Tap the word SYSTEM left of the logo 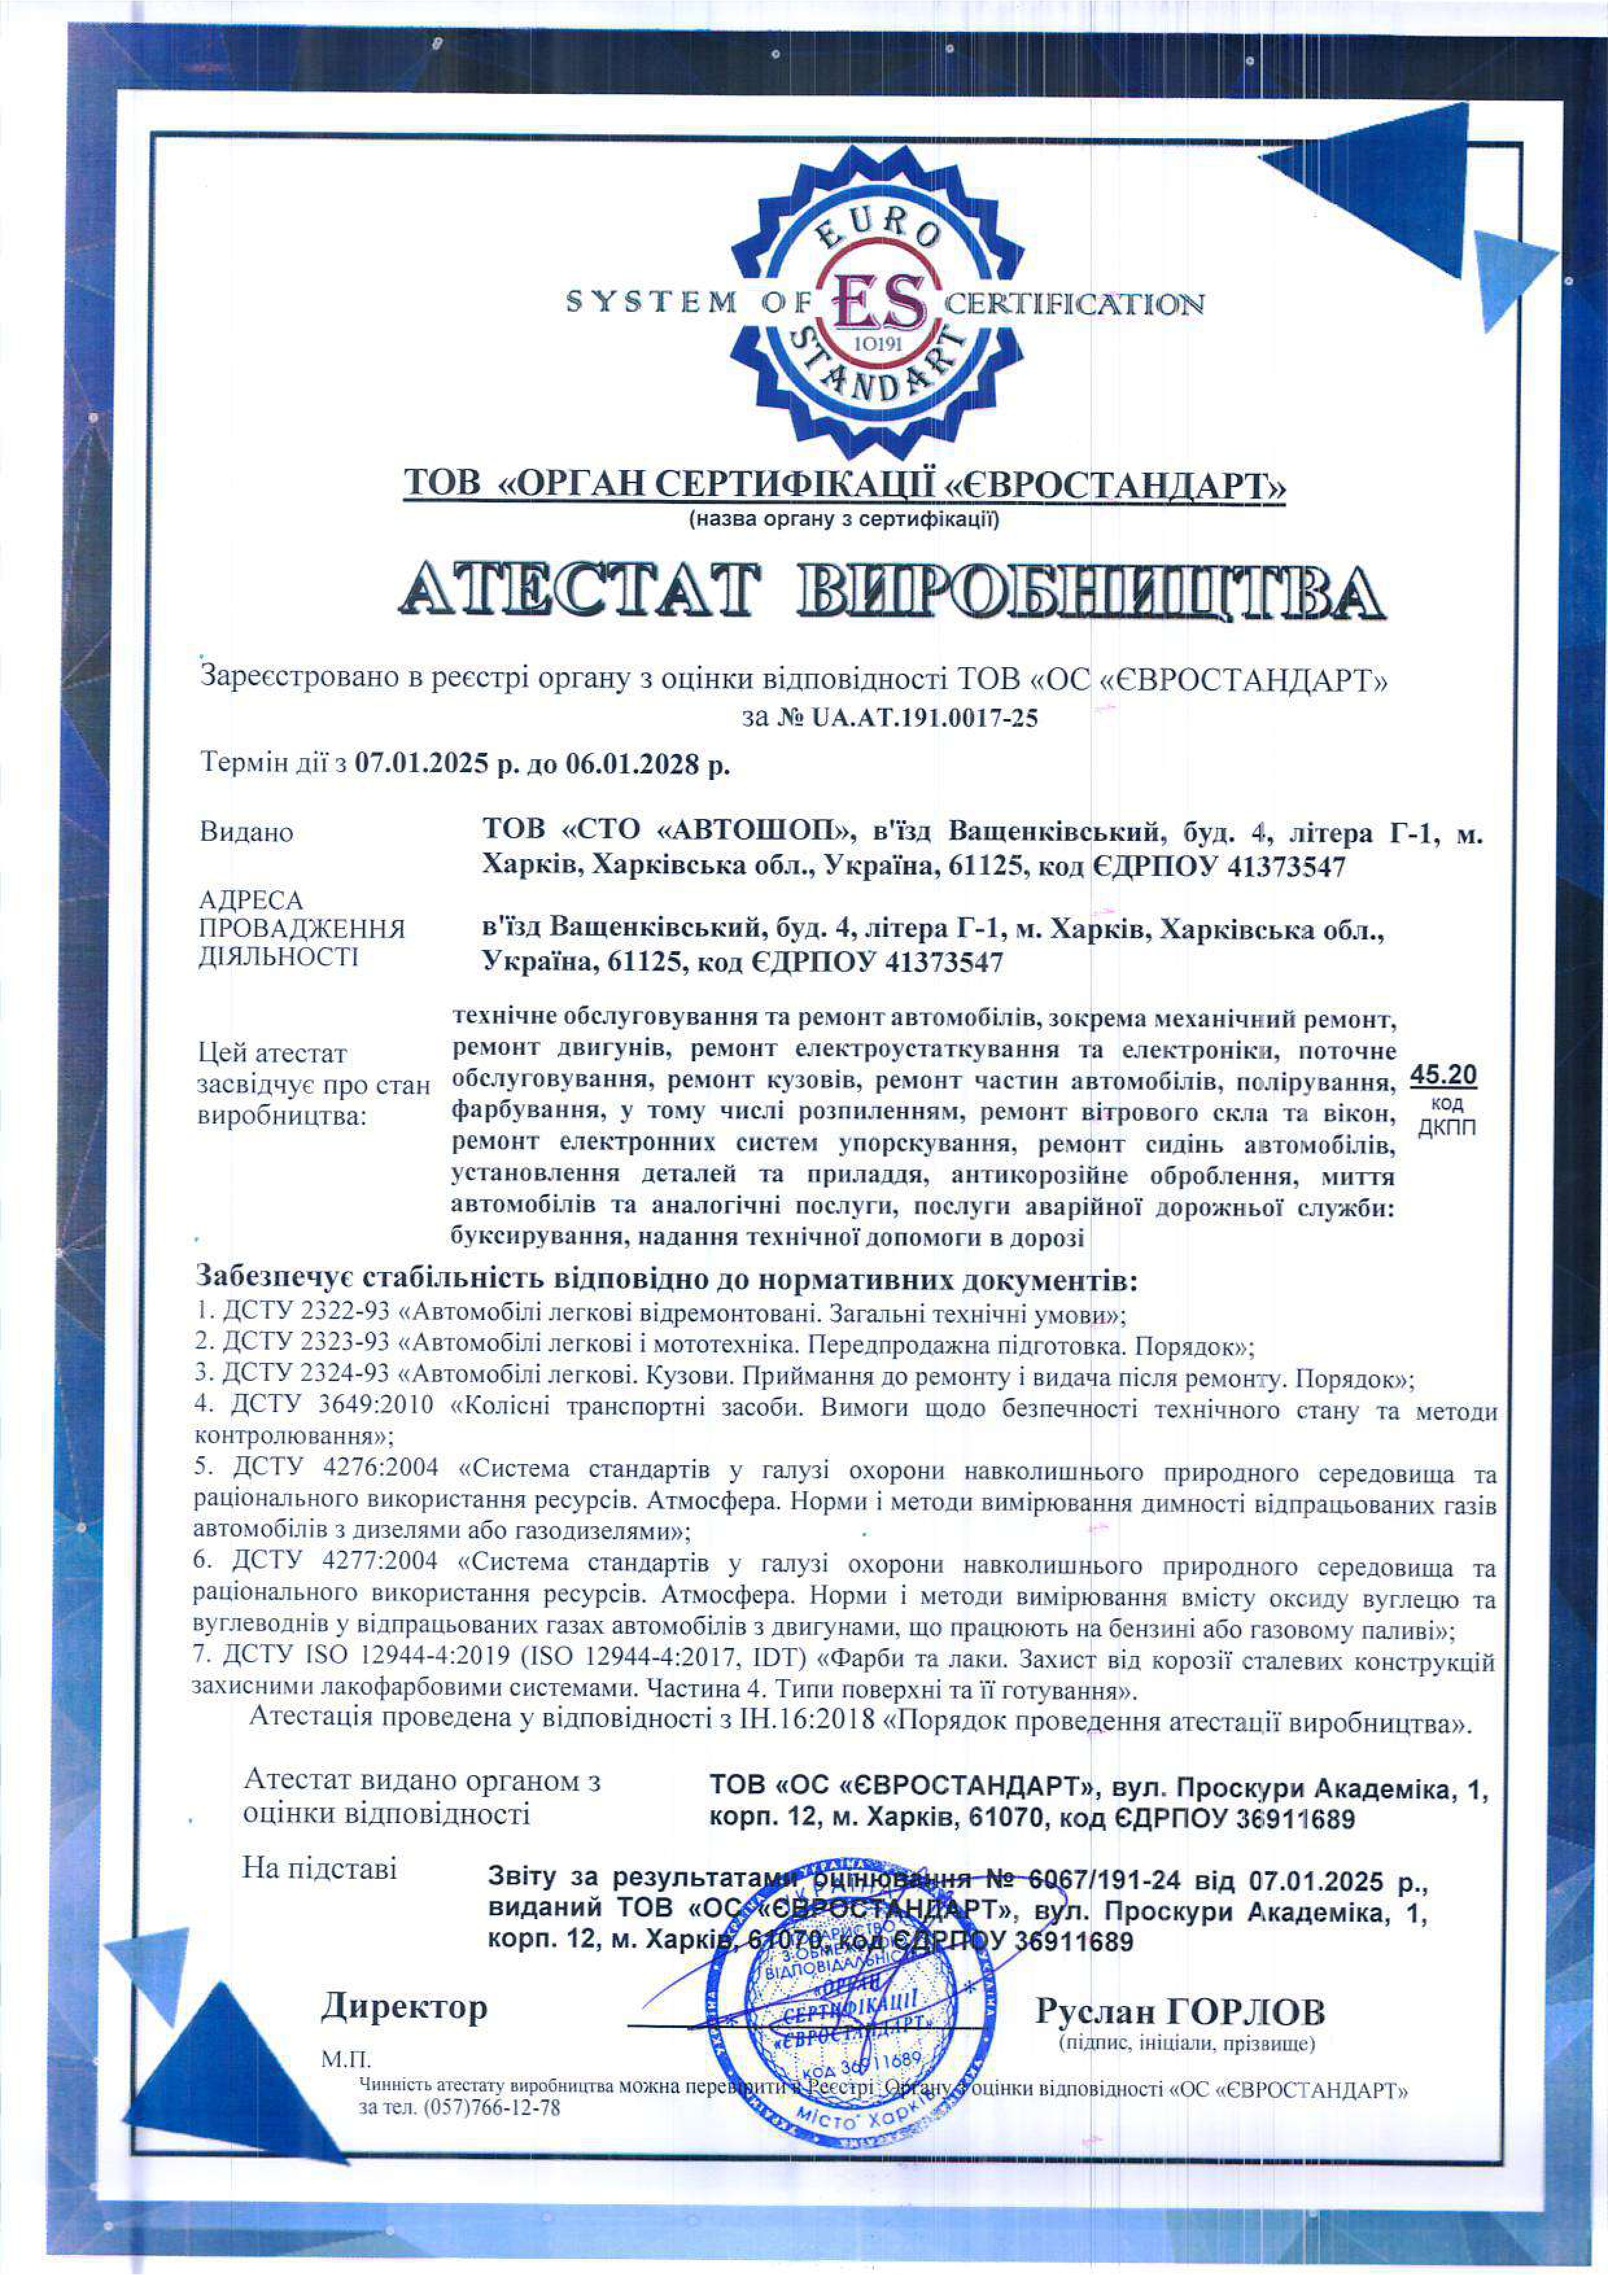tap(651, 302)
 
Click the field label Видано tap(246, 833)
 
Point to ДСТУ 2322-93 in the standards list tap(305, 1315)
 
